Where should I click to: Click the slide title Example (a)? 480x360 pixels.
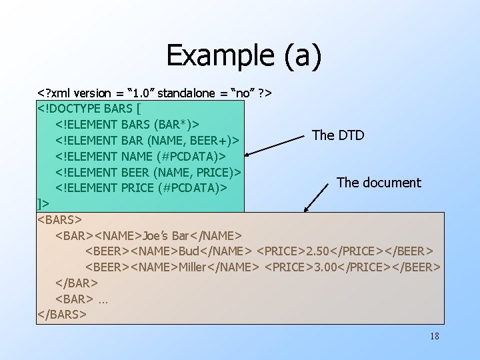pyautogui.click(x=243, y=55)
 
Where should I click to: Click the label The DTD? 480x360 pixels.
pyautogui.click(x=338, y=135)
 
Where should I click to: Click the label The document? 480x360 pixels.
pyautogui.click(x=379, y=182)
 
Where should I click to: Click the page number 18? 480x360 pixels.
pyautogui.click(x=435, y=336)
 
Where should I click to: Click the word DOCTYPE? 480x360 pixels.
pyautogui.click(x=91, y=107)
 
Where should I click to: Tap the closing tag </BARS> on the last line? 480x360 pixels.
pyautogui.click(x=63, y=313)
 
